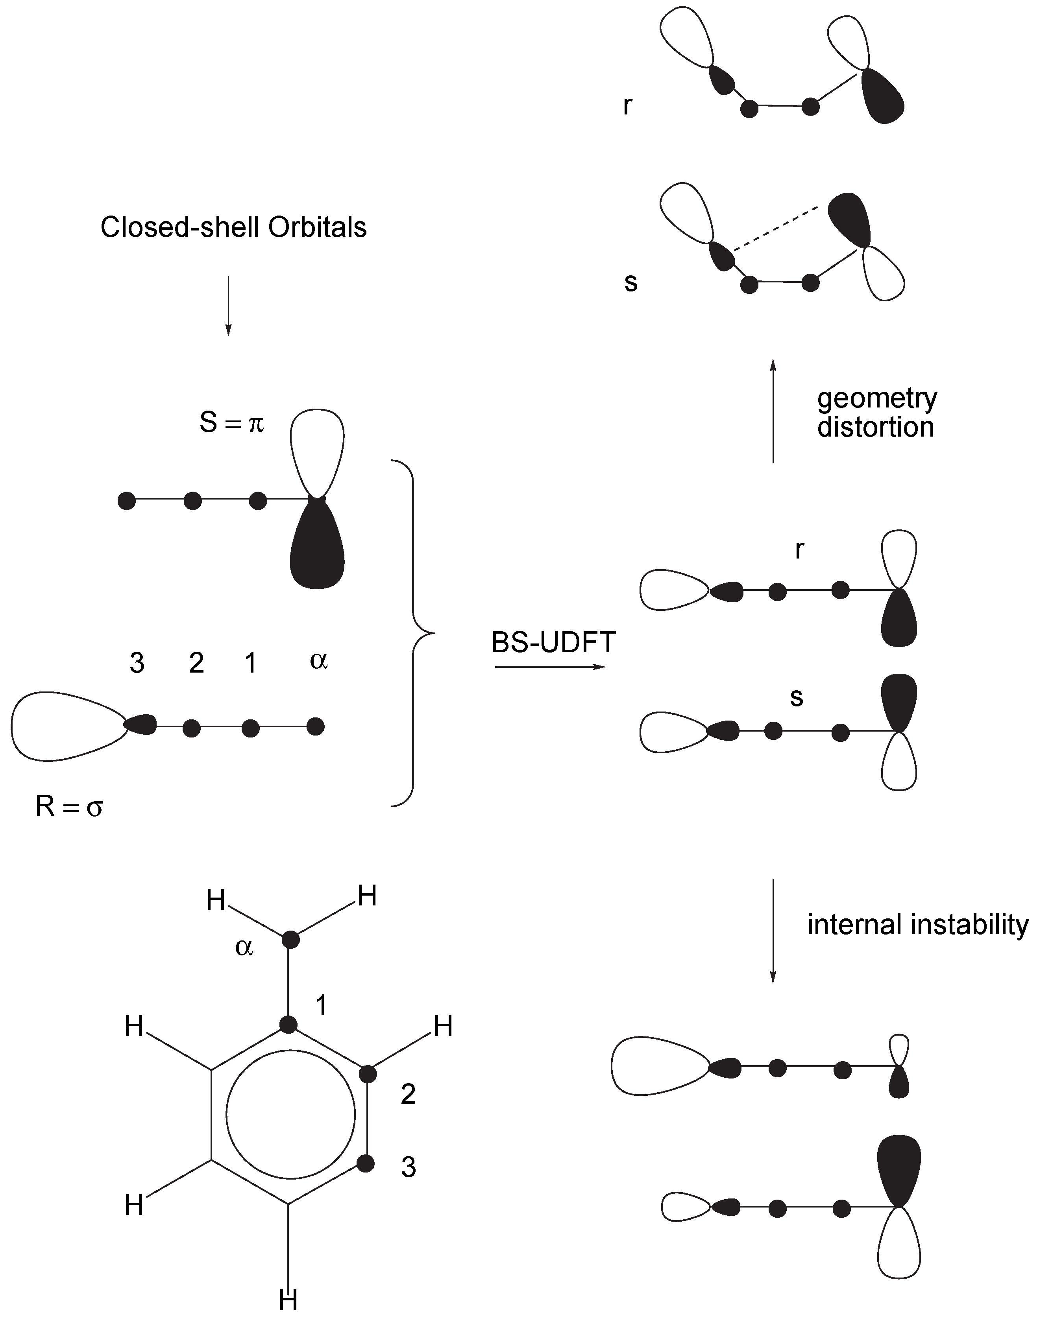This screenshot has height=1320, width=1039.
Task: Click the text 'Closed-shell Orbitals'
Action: pos(234,228)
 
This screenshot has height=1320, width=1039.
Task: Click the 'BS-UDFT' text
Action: pos(554,643)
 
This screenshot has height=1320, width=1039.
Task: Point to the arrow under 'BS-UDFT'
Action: pos(551,667)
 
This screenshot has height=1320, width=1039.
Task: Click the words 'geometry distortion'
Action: pos(876,413)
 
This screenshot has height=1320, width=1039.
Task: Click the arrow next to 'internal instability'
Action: pos(773,930)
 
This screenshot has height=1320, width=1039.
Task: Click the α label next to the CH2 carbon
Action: pos(244,947)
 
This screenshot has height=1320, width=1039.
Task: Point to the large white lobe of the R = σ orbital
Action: pos(64,726)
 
